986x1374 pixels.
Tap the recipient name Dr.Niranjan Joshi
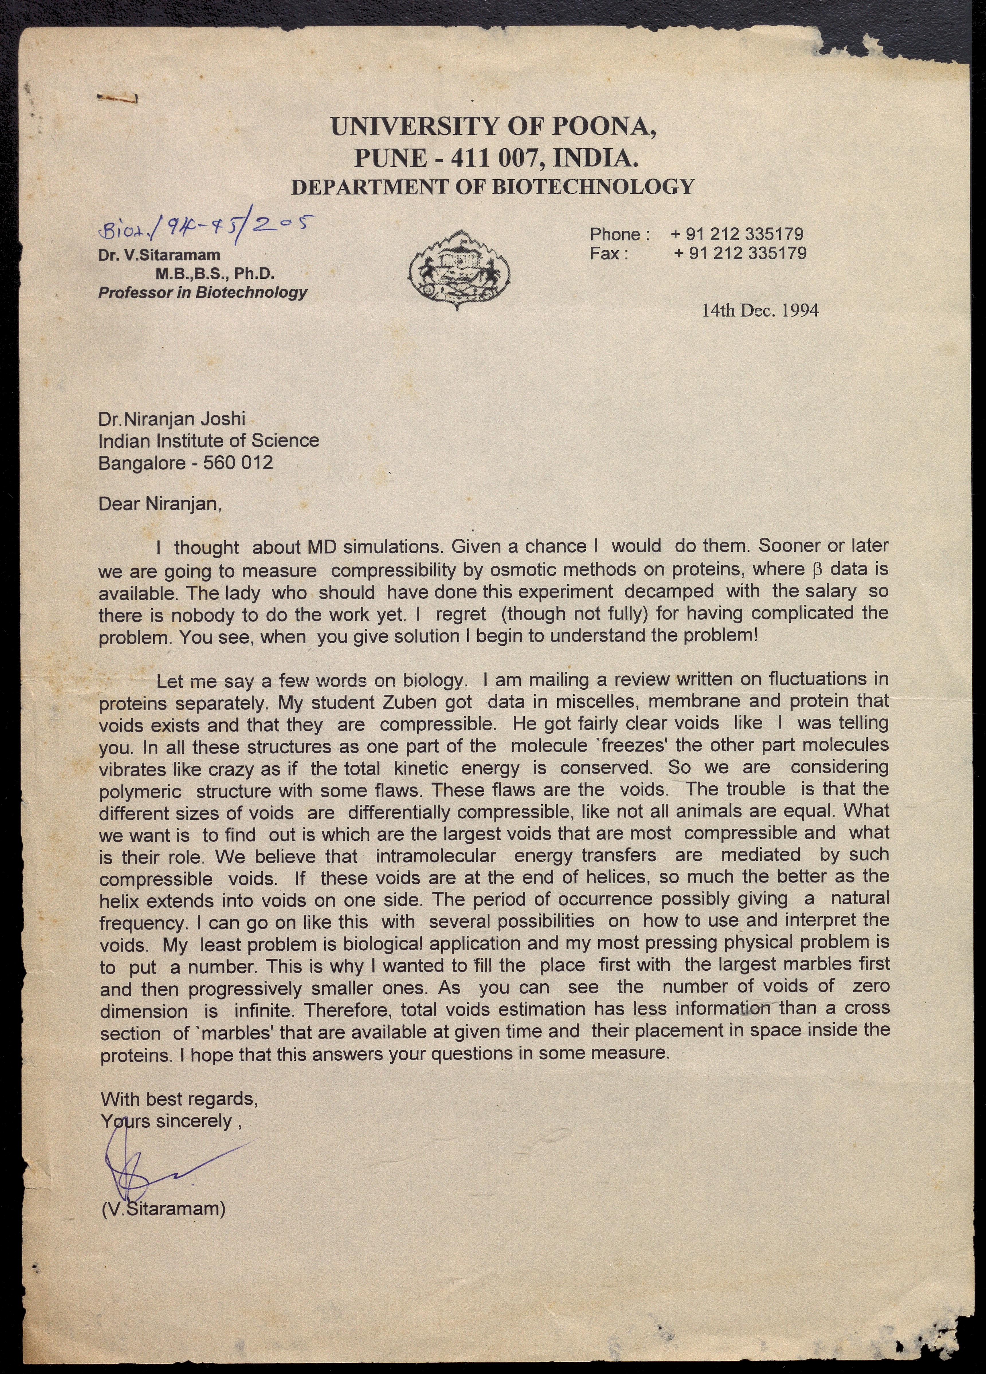click(x=172, y=419)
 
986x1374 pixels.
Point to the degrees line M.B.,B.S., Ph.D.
click(x=215, y=273)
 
